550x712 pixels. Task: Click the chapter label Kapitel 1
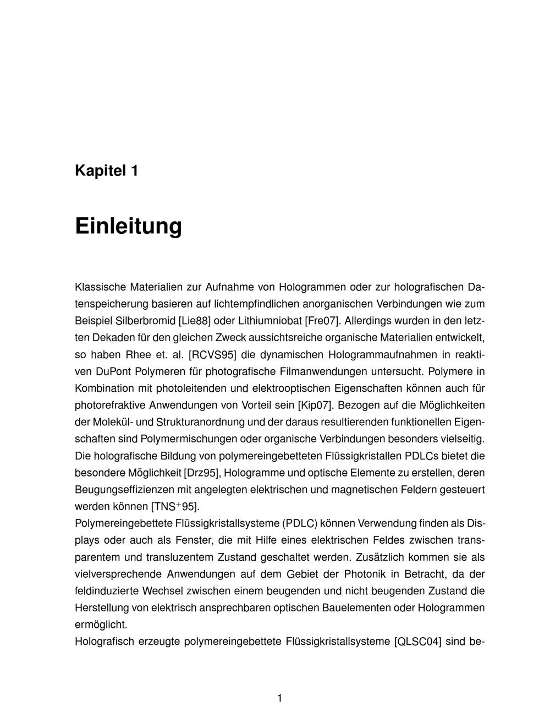click(x=106, y=171)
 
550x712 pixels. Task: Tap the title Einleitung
click(x=128, y=226)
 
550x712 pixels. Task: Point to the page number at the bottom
click(x=279, y=698)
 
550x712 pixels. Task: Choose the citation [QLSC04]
click(x=418, y=642)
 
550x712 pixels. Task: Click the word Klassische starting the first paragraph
click(x=99, y=287)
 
